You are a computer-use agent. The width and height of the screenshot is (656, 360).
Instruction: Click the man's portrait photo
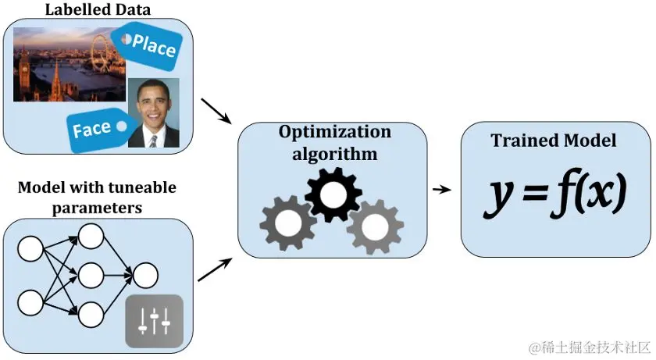153,113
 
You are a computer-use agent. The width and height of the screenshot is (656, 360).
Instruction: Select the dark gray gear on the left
287,221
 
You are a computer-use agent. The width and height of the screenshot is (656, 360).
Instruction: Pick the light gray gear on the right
375,226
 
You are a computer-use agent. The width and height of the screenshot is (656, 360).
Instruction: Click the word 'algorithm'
334,153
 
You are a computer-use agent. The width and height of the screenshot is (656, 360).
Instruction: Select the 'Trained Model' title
554,141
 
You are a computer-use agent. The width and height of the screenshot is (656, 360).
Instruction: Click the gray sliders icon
154,321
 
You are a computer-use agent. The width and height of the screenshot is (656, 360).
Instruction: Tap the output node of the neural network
145,275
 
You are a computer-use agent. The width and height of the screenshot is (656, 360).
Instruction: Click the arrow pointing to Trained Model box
443,189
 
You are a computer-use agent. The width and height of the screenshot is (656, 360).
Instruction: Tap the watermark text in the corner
589,346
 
